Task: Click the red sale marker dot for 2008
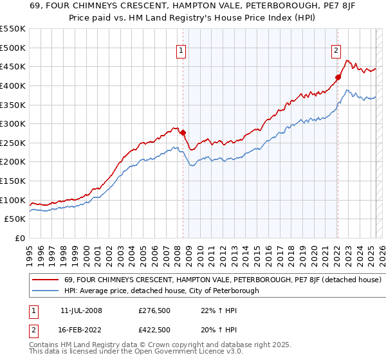(183, 133)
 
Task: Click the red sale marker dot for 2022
(337, 77)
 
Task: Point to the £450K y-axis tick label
(13, 67)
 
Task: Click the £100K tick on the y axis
(13, 200)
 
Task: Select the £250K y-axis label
(13, 143)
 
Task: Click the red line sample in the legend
(44, 280)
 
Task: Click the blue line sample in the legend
(44, 291)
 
